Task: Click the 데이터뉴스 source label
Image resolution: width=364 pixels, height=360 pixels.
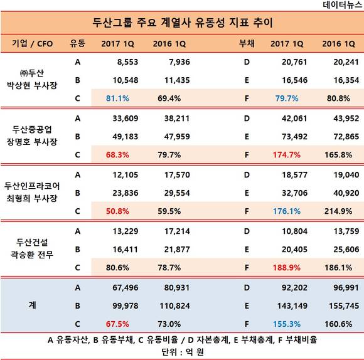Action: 343,4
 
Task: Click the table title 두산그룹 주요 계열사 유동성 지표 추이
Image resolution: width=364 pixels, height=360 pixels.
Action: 183,23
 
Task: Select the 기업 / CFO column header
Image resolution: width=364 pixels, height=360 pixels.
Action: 33,44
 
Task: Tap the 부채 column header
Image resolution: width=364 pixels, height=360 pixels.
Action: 247,44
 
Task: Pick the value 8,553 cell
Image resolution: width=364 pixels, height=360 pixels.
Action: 127,62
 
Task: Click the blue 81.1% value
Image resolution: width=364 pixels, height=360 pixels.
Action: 117,98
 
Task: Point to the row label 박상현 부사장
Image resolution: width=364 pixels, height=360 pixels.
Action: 32,85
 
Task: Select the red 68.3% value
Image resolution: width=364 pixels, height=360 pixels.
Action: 117,155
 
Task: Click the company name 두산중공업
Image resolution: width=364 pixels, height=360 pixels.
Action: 32,129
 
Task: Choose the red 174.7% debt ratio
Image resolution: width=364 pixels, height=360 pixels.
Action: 287,155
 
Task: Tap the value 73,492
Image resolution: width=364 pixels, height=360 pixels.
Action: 294,137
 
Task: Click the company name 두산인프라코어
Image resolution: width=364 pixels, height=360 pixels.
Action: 32,186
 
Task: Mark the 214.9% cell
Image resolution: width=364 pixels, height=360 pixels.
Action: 338,211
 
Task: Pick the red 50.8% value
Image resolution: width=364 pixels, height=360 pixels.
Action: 117,211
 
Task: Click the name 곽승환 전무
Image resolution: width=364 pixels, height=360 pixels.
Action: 32,255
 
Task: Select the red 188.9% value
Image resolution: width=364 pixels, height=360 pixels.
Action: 287,268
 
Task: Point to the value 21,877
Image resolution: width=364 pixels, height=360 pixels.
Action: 177,250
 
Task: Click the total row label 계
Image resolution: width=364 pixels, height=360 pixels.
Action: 32,305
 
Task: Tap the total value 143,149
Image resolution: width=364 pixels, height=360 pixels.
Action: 292,306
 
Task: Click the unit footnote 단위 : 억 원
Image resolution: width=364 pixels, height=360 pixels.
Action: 183,352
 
